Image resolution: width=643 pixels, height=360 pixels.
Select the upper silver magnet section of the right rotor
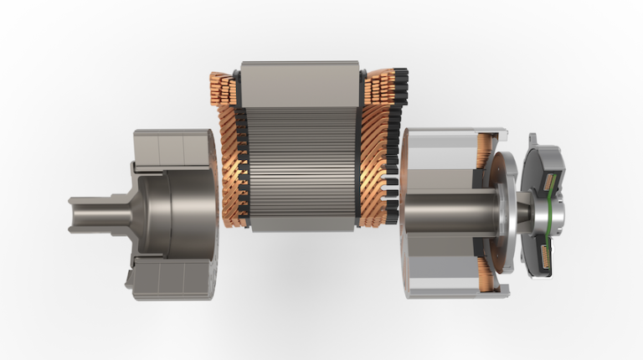[440, 156]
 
